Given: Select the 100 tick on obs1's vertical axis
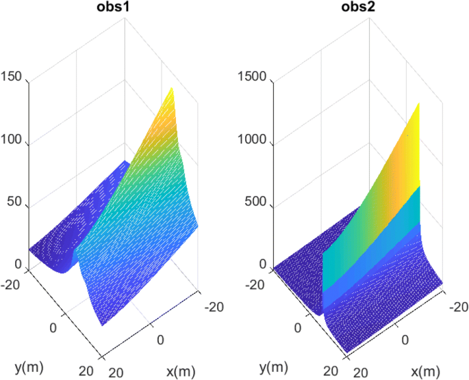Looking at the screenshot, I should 12,144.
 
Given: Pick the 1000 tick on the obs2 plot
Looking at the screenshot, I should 255,144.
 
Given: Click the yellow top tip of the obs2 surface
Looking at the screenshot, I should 416,105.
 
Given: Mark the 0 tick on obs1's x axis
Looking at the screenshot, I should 160,340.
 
